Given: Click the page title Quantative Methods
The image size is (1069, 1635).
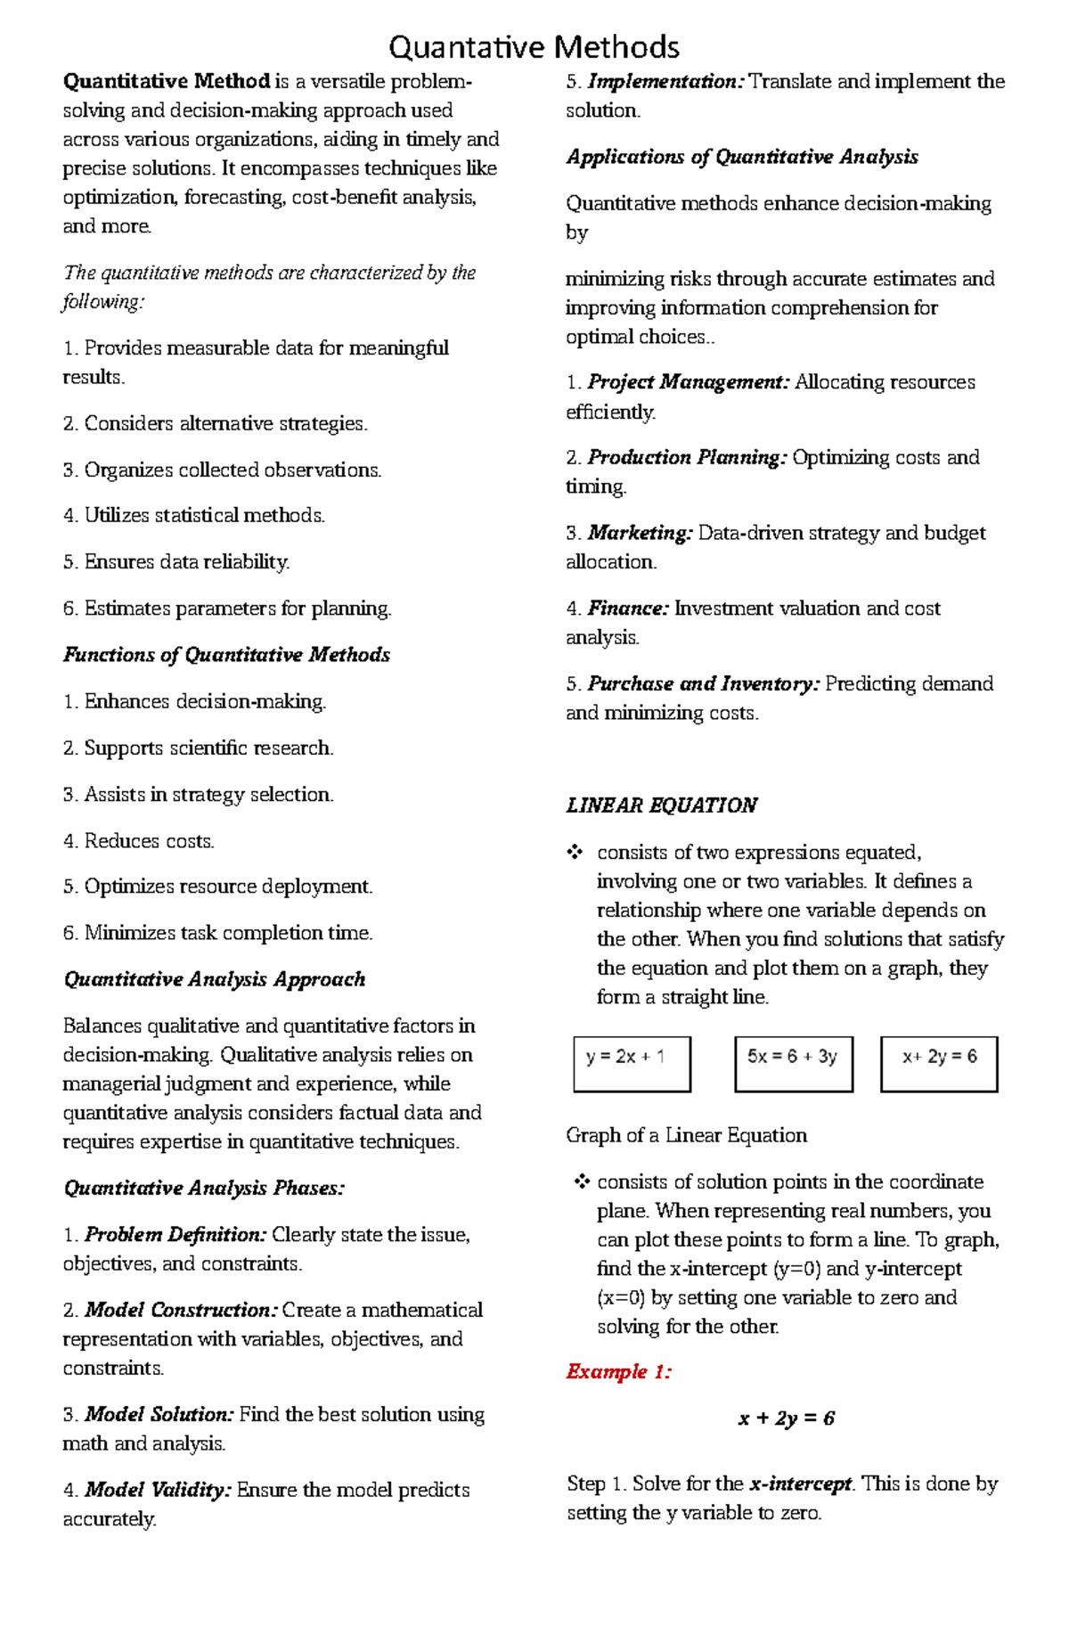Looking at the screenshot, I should pos(534,46).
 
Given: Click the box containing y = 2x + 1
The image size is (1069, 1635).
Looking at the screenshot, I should pos(632,1063).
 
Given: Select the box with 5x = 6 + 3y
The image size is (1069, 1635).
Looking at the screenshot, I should pos(793,1063).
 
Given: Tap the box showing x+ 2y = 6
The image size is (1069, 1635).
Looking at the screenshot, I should pos(939,1063).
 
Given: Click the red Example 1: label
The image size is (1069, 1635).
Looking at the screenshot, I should pos(618,1371).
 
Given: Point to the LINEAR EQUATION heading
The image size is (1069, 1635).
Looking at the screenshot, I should pos(661,805).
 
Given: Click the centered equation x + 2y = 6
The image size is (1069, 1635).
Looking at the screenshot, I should pos(786,1418).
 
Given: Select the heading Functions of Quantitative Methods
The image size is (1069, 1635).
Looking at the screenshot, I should pos(226,655).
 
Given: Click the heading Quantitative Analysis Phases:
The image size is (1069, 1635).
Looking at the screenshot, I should pos(204,1188).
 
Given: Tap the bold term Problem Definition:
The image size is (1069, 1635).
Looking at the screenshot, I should pos(175,1235).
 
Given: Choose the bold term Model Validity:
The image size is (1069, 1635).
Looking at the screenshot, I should pos(159,1490).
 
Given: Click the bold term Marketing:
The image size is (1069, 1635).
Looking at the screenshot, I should pos(640,533).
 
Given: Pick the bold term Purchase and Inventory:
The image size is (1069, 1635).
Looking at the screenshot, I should pos(703,683).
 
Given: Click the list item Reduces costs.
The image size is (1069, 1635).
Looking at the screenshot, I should pos(139,841).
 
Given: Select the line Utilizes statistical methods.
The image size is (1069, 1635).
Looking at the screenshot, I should pos(194,515).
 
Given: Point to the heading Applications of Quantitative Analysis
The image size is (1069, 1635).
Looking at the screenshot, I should pos(742,157).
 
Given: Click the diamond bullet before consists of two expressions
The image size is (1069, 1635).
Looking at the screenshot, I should pos(575,853).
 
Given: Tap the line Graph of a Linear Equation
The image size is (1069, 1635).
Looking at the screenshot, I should pos(686,1135).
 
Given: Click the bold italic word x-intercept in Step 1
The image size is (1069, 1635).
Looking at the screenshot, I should pos(801,1484).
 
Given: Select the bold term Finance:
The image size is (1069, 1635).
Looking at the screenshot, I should pos(628,609).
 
